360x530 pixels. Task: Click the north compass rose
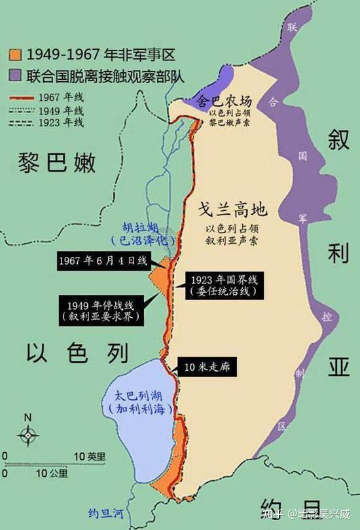point(28,433)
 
